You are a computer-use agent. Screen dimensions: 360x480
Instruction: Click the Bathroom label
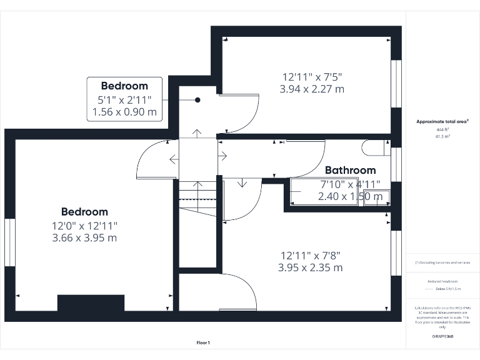tap(350, 170)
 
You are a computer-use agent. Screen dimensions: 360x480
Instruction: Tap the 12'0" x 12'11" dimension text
tap(85, 226)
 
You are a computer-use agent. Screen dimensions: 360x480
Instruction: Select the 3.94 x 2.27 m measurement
tap(312, 89)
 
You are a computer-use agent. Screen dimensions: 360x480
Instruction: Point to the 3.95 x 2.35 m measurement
tap(311, 267)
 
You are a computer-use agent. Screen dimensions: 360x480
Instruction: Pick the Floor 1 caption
tap(203, 342)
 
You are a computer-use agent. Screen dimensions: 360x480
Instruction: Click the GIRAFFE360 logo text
tap(442, 336)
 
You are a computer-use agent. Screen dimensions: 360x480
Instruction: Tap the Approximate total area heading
tap(442, 122)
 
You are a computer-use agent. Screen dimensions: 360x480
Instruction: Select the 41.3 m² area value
tap(442, 135)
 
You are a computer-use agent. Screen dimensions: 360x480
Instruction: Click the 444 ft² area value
tap(442, 129)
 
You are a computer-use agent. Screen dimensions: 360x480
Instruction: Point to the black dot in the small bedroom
tap(197, 100)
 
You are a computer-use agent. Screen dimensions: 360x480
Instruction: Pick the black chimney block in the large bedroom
tap(91, 302)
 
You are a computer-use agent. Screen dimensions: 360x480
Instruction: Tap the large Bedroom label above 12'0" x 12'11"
tap(84, 212)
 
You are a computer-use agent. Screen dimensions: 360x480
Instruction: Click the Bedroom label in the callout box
tap(124, 86)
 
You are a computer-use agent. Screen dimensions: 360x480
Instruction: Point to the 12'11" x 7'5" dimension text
tap(312, 76)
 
